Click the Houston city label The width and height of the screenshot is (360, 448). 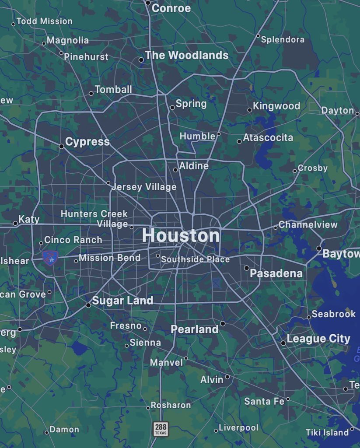pyautogui.click(x=181, y=236)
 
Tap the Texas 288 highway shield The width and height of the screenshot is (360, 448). pyautogui.click(x=161, y=429)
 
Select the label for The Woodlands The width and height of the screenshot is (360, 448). pyautogui.click(x=187, y=55)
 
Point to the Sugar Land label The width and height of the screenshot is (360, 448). pyautogui.click(x=122, y=301)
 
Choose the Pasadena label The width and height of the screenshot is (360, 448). pyautogui.click(x=276, y=273)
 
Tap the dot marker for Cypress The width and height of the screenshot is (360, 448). pyautogui.click(x=62, y=146)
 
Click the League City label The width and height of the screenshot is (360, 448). pyautogui.click(x=318, y=339)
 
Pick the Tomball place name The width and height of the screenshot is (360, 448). pyautogui.click(x=113, y=90)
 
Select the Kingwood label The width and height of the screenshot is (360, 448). pyautogui.click(x=276, y=106)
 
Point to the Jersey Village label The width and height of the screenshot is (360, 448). pyautogui.click(x=144, y=187)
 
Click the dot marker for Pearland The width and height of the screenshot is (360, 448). pyautogui.click(x=223, y=324)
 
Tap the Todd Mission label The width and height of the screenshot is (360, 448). pyautogui.click(x=45, y=21)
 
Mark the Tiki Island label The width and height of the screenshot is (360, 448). pyautogui.click(x=327, y=432)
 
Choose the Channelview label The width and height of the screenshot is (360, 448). pyautogui.click(x=308, y=225)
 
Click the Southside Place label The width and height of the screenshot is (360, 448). pyautogui.click(x=195, y=259)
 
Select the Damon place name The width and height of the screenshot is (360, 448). pyautogui.click(x=64, y=430)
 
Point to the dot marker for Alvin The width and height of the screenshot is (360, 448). pyautogui.click(x=227, y=377)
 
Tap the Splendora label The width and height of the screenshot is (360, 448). pyautogui.click(x=283, y=39)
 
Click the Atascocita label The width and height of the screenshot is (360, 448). pyautogui.click(x=268, y=138)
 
